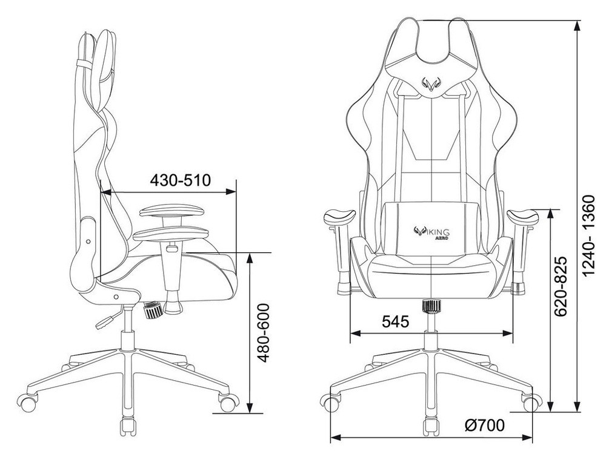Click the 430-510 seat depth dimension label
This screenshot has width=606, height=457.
tap(181, 180)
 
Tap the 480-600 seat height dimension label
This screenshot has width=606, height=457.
tap(263, 333)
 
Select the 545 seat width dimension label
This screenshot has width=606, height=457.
tap(395, 321)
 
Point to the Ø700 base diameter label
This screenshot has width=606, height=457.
tap(485, 426)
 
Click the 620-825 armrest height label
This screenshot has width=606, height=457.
tap(561, 286)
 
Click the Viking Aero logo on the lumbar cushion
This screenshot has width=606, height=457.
tap(431, 233)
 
